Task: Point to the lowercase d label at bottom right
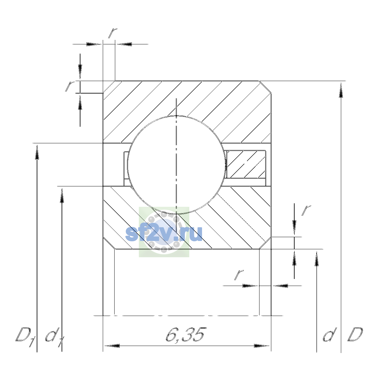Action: coord(330,335)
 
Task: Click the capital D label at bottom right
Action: coord(355,335)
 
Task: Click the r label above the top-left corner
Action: coord(112,33)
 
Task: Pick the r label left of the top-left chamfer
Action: coord(70,86)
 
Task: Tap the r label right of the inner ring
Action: coord(306,211)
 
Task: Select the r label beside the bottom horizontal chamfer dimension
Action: coord(239,275)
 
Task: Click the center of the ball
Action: coord(176,165)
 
